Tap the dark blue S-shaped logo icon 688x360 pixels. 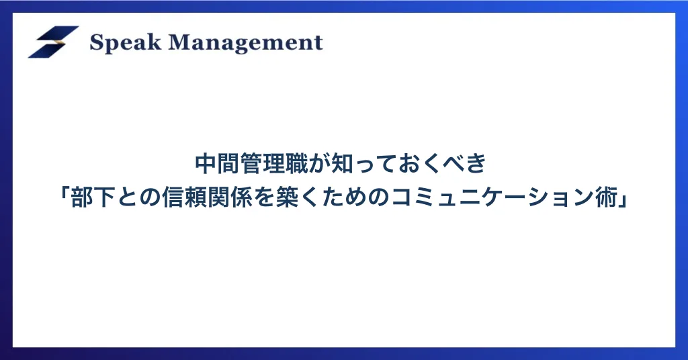pos(53,42)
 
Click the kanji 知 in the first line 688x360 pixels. pos(343,164)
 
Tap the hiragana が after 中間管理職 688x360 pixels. pos(320,164)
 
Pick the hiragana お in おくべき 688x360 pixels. pos(412,164)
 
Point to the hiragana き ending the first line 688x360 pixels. pos(477,164)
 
